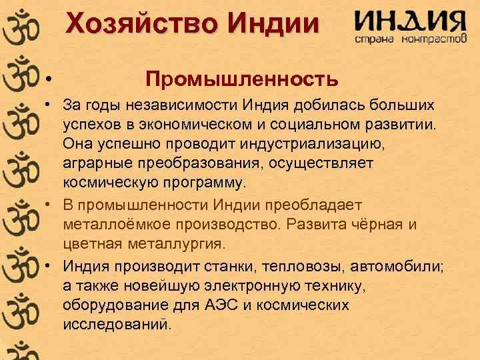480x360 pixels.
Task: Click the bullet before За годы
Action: point(49,107)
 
